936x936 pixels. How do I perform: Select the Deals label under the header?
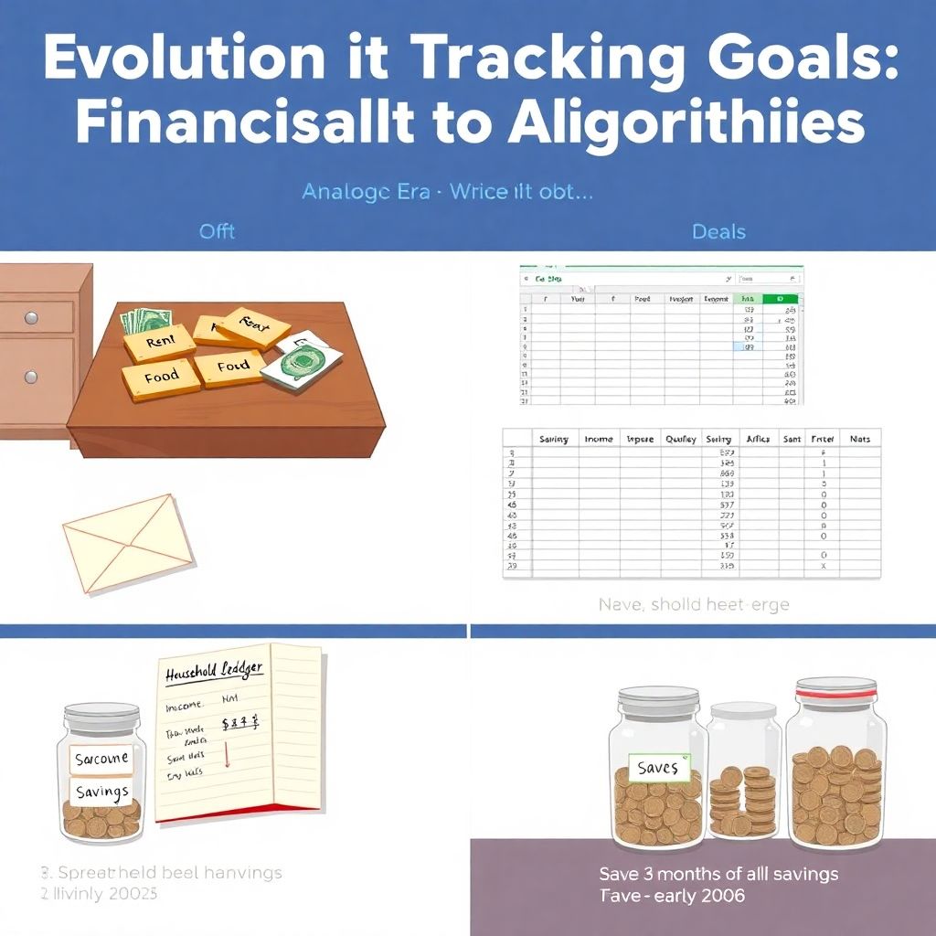click(x=718, y=231)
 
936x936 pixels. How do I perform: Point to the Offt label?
click(x=217, y=231)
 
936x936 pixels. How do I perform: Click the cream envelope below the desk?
click(x=129, y=542)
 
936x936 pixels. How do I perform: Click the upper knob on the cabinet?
click(x=32, y=317)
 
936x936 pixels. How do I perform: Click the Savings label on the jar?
click(x=101, y=792)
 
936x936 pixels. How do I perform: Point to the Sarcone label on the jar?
click(x=101, y=759)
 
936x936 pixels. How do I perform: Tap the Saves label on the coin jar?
click(x=657, y=768)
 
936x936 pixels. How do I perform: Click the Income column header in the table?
click(x=598, y=439)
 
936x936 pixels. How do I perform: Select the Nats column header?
click(x=859, y=439)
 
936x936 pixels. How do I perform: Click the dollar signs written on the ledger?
click(x=246, y=723)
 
